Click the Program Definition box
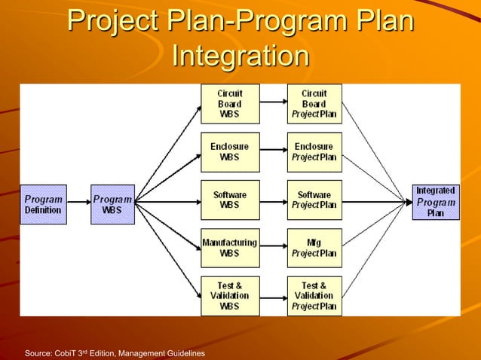pyautogui.click(x=43, y=204)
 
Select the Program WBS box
pyautogui.click(x=112, y=204)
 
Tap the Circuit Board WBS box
pyautogui.click(x=230, y=104)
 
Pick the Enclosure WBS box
pyautogui.click(x=230, y=152)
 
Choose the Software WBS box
pyautogui.click(x=230, y=200)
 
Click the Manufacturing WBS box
pyautogui.click(x=230, y=249)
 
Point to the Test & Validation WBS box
pyautogui.click(x=230, y=296)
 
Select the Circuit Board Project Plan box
pyautogui.click(x=314, y=104)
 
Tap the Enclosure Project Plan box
pyautogui.click(x=314, y=152)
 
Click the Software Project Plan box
pyautogui.click(x=314, y=200)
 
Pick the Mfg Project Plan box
pyautogui.click(x=314, y=249)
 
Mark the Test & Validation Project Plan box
pyautogui.click(x=314, y=296)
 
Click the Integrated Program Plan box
pyautogui.click(x=436, y=203)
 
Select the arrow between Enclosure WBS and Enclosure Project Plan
pyautogui.click(x=273, y=152)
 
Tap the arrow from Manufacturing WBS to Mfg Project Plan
pyautogui.click(x=273, y=249)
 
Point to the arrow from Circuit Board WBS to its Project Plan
pyautogui.click(x=273, y=104)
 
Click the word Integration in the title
pyautogui.click(x=240, y=56)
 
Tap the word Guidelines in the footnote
pyautogui.click(x=184, y=353)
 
